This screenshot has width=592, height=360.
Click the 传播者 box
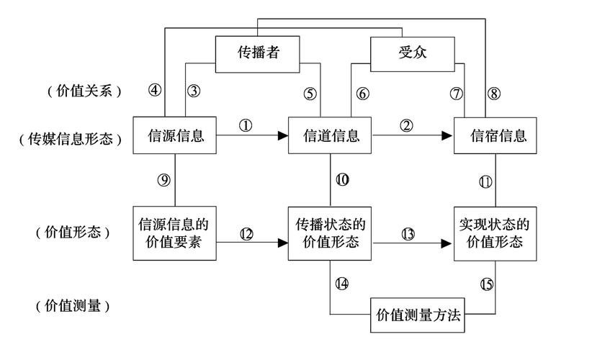coord(258,54)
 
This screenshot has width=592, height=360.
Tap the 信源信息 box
coord(174,135)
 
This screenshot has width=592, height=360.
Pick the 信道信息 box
coord(330,135)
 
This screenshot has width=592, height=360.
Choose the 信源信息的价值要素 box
coord(174,233)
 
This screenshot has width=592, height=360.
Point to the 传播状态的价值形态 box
coord(330,233)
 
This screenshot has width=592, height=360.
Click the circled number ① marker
coord(246,125)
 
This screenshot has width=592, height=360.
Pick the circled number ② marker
coord(407,125)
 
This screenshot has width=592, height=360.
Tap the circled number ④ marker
coord(154,91)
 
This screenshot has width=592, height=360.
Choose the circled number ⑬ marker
coord(408,233)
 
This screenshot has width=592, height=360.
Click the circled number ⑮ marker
coord(486,284)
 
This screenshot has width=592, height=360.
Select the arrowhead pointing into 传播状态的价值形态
coord(282,243)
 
